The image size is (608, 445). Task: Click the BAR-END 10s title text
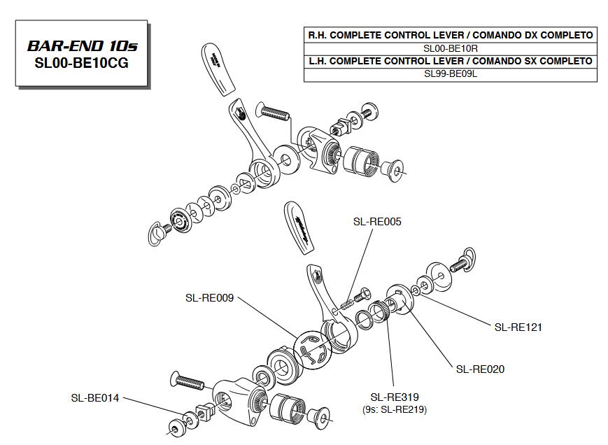(x=82, y=46)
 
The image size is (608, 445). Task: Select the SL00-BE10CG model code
(x=82, y=63)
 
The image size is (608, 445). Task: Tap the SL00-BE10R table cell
(x=451, y=48)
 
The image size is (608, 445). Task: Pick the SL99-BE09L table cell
(x=451, y=74)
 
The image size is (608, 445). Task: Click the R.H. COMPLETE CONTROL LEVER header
(x=451, y=35)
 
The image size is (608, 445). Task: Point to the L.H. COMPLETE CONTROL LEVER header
(x=451, y=62)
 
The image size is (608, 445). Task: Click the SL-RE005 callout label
(x=377, y=222)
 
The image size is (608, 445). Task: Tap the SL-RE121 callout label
(x=518, y=327)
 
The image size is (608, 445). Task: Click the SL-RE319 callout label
(x=395, y=396)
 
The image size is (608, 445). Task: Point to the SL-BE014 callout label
(x=94, y=397)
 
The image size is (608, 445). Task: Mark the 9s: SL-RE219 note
(x=395, y=409)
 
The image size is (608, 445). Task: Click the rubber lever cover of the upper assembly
(x=219, y=69)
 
